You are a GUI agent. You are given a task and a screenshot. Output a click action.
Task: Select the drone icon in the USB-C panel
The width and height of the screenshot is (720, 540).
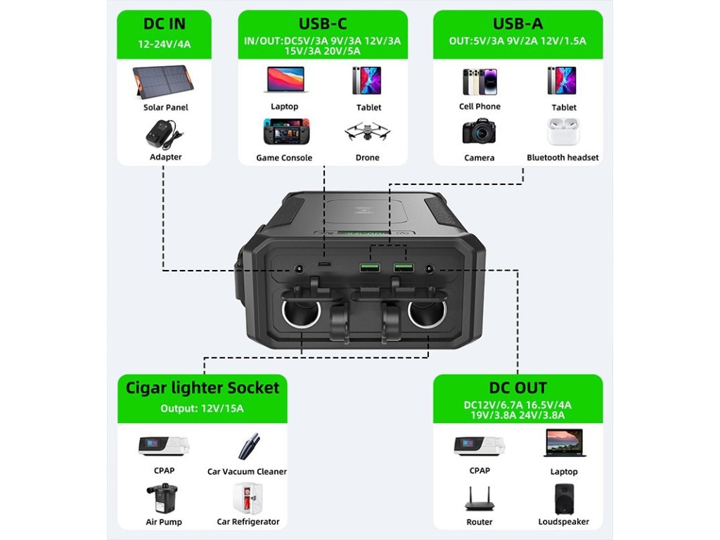coord(367,133)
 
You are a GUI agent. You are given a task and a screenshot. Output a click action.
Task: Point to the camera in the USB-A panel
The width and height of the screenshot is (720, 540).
coord(479,132)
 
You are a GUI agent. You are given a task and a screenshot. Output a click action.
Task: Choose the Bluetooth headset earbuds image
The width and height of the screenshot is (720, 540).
coord(562,131)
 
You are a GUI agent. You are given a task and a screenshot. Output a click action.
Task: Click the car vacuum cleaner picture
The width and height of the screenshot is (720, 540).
coord(247,447)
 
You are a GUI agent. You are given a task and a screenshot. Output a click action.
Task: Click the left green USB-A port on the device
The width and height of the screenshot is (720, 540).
coord(368,267)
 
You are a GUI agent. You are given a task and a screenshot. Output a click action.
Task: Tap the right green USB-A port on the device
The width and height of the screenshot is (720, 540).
coord(403,267)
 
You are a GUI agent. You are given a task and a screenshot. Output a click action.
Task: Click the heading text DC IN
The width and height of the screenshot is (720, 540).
coord(165,23)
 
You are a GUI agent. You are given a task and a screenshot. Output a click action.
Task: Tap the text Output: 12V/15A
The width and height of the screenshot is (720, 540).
coord(202,409)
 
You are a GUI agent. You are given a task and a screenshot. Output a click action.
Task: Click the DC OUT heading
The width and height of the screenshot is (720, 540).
coord(517,387)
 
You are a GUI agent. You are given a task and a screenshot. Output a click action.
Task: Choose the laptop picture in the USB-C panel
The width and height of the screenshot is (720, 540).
coord(285,80)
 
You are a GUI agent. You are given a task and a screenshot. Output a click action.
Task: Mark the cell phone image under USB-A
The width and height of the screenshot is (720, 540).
coord(479,82)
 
